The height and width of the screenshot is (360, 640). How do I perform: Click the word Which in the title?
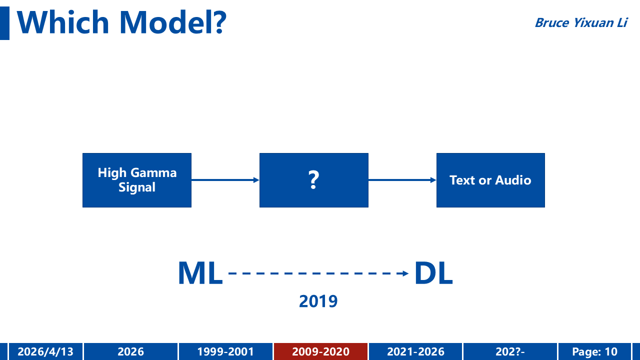[63, 22]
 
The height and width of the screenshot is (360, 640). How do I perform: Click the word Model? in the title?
[173, 22]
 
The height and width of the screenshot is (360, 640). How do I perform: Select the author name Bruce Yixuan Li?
[581, 23]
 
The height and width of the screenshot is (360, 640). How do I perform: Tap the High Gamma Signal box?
[137, 180]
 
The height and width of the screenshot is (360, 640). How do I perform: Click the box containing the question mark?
[313, 180]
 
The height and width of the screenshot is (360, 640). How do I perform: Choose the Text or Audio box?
[490, 180]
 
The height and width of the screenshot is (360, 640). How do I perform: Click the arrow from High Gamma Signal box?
[225, 180]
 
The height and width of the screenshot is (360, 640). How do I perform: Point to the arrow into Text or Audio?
[402, 180]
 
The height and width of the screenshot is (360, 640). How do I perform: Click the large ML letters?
[200, 273]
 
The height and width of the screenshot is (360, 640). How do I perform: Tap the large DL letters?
[433, 273]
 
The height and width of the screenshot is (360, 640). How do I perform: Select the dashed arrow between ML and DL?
[318, 273]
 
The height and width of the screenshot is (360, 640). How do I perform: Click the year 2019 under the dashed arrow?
[318, 301]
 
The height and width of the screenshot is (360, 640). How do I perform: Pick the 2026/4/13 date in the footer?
[45, 351]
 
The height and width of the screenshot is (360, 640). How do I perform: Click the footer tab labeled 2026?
[131, 351]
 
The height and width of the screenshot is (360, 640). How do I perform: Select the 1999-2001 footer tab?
[225, 351]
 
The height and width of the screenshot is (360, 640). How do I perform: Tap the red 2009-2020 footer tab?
[320, 351]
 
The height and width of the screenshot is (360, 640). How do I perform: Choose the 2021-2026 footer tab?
[415, 351]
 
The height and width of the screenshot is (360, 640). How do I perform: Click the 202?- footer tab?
[510, 351]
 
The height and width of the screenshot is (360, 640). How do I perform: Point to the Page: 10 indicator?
[595, 351]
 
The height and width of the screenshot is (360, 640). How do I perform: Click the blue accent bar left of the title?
[4, 23]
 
